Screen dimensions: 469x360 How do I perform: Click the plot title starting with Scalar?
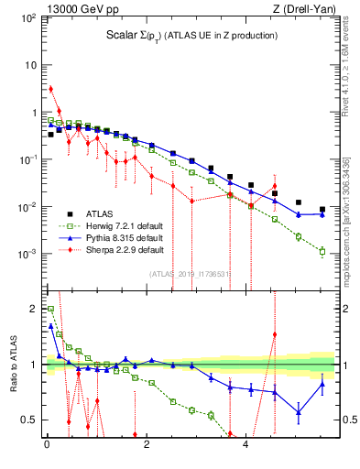click(x=186, y=36)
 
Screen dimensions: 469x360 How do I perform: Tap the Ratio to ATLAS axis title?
click(x=12, y=365)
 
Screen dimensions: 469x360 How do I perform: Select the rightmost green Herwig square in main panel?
click(x=322, y=251)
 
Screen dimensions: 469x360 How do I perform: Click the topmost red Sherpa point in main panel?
click(x=50, y=89)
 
